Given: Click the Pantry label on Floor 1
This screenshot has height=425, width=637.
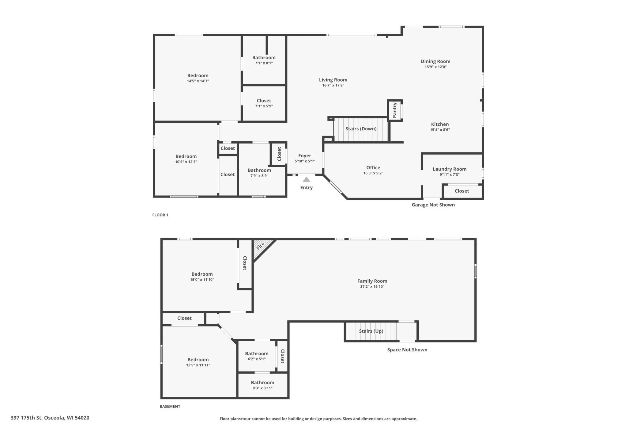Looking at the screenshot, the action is tap(395, 110).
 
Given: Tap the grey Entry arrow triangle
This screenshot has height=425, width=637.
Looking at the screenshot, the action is tap(306, 179).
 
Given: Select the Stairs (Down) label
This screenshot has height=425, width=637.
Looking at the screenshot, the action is tap(361, 129).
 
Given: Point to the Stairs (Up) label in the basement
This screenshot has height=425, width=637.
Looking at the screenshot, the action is tap(371, 331).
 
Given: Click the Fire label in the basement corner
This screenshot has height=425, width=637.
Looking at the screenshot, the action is tap(260, 246).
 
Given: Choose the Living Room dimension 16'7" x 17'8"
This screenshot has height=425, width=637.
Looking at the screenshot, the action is tap(333, 86).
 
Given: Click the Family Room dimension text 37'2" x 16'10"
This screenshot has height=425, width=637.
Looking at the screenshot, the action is tap(372, 287).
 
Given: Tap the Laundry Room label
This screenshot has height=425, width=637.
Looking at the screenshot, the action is tap(450, 169).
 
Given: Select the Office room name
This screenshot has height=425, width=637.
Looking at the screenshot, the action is tap(373, 167).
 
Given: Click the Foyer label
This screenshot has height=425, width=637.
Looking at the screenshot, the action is tap(305, 156).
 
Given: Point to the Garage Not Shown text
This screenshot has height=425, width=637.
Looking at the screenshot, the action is tap(433, 205).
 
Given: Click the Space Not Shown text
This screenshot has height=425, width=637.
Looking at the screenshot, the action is tap(407, 350).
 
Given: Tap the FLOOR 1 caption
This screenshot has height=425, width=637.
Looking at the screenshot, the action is tap(160, 215).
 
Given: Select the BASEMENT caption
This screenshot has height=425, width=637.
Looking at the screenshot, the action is tap(170, 407).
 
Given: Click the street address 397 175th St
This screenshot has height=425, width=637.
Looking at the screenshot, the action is tap(26, 418).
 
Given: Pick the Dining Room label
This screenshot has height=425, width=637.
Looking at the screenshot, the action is tap(435, 61).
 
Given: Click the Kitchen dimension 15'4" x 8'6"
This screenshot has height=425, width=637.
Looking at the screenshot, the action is tap(440, 130).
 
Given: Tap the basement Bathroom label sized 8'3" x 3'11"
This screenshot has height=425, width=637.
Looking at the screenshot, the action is tap(262, 383).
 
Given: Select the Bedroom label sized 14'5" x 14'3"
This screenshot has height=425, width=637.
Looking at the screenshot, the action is tap(198, 75).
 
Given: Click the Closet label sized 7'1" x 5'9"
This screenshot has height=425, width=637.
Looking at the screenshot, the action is tap(264, 101).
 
